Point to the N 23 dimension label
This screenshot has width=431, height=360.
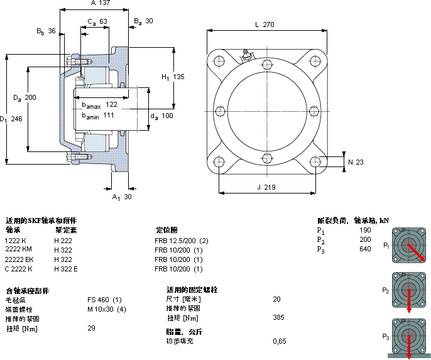click(355, 162)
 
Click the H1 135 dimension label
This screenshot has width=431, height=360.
click(173, 77)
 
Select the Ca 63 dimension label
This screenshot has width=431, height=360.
click(97, 22)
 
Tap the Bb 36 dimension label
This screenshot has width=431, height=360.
click(46, 31)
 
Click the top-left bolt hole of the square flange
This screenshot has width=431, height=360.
click(219, 62)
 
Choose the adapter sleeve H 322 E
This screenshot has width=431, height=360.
click(66, 269)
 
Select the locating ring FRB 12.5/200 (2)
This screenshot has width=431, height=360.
click(181, 241)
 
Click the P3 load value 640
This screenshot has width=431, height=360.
click(364, 249)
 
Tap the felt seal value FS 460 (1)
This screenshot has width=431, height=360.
click(104, 300)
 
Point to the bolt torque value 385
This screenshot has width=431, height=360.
click(279, 318)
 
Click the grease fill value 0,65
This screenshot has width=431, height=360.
click(280, 341)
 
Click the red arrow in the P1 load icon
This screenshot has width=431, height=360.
click(415, 253)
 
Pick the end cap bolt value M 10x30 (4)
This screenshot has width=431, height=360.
click(107, 309)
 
